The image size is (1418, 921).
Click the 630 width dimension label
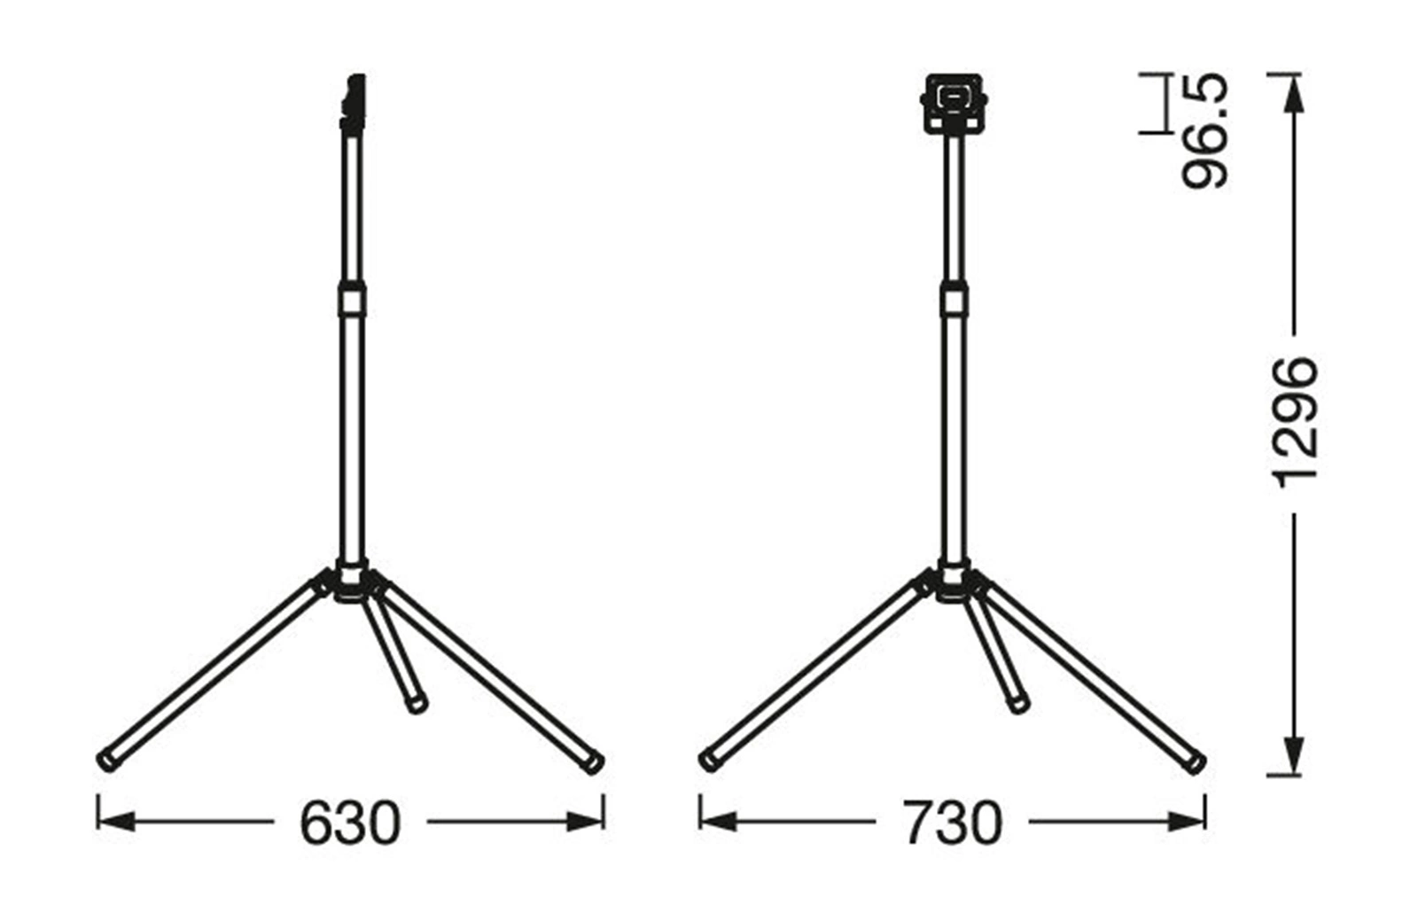[x=350, y=823]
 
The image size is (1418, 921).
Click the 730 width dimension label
[x=952, y=823]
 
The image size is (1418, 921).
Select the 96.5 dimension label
[x=1204, y=131]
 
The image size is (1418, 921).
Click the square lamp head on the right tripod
[x=954, y=105]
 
